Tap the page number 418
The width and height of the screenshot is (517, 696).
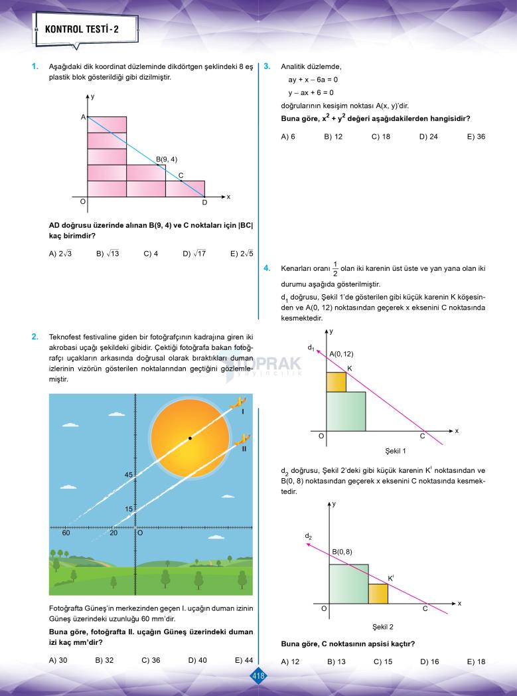coord(258,676)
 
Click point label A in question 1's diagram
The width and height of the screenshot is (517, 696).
coord(84,117)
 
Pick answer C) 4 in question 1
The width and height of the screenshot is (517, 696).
coord(151,253)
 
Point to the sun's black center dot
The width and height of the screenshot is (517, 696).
coord(190,438)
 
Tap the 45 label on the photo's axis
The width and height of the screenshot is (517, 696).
coord(128,475)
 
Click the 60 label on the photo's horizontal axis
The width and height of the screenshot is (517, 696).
coord(66,533)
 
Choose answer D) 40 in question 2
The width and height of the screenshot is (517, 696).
coord(197,660)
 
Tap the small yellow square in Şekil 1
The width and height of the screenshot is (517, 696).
coord(336,382)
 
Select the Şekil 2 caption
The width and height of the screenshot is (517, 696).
coord(383,626)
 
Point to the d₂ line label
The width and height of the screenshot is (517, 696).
coord(309,535)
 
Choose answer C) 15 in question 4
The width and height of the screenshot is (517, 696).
coord(383,661)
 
